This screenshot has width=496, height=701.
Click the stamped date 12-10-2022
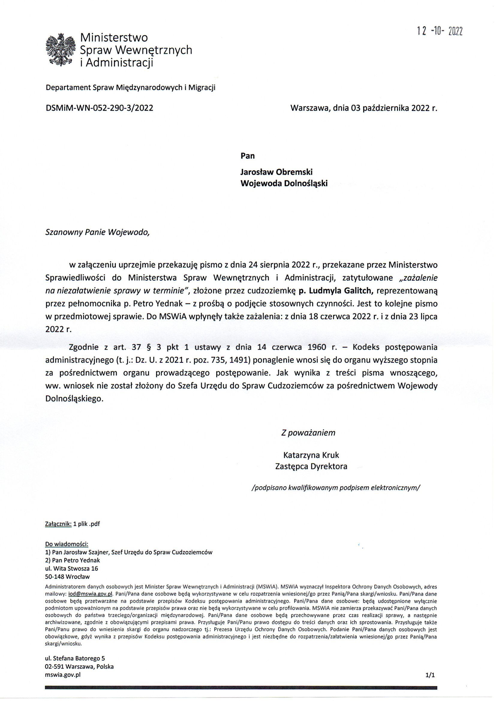click(x=440, y=31)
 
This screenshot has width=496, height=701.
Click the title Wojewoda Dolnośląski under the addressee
click(x=284, y=183)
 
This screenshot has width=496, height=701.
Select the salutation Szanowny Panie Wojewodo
click(x=98, y=232)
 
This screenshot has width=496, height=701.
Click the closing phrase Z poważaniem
click(x=308, y=433)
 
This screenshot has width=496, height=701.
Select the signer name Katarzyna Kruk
click(x=311, y=455)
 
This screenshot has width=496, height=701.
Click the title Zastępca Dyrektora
click(x=311, y=467)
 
